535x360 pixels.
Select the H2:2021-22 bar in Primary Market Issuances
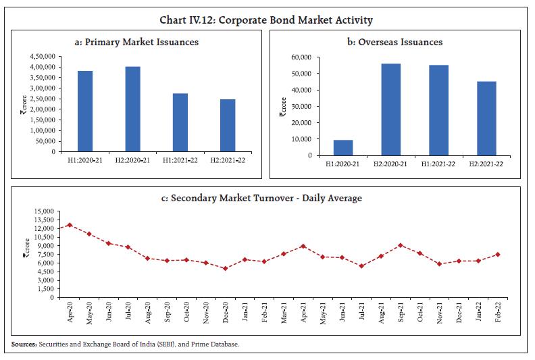[228, 126]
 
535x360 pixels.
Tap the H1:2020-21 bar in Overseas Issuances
[343, 147]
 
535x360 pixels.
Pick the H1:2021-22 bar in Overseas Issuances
[439, 110]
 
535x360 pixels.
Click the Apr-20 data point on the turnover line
[70, 225]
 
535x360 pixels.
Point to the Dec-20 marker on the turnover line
[226, 268]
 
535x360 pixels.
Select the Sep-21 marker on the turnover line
[401, 245]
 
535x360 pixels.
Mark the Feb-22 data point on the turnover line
[498, 255]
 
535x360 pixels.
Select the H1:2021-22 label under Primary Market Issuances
[180, 161]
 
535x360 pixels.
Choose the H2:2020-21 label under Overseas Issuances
[390, 163]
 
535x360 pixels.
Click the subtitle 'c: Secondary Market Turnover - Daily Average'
[266, 198]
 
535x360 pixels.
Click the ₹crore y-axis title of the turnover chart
[25, 248]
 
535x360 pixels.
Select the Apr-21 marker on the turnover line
[303, 247]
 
